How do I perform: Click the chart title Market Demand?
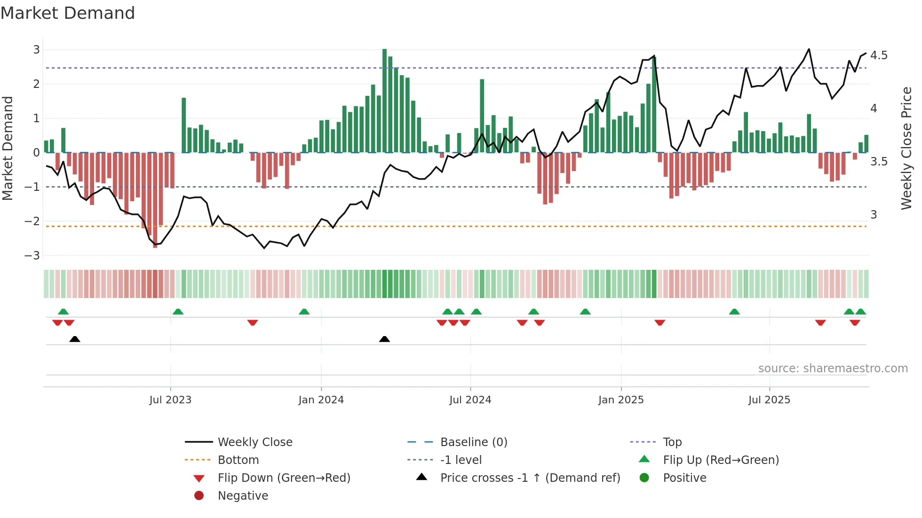point(68,13)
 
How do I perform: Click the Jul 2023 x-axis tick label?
point(170,400)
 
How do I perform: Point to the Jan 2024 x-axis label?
point(321,400)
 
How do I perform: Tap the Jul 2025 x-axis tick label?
point(769,400)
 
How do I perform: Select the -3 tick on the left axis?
point(32,256)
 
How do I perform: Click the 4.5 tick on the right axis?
point(879,55)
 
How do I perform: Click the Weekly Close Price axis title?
point(906,148)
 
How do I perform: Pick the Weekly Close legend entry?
point(254,442)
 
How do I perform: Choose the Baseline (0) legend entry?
point(473,442)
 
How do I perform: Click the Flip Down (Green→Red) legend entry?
point(284,478)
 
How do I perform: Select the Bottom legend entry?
point(238,460)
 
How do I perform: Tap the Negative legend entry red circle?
point(199,496)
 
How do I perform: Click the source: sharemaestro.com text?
point(833,369)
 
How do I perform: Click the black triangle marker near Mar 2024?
point(384,339)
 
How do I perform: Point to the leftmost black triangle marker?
point(74,339)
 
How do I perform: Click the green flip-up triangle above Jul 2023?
point(178,312)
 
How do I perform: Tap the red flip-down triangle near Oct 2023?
point(253,322)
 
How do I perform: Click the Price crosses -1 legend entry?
point(530,478)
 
